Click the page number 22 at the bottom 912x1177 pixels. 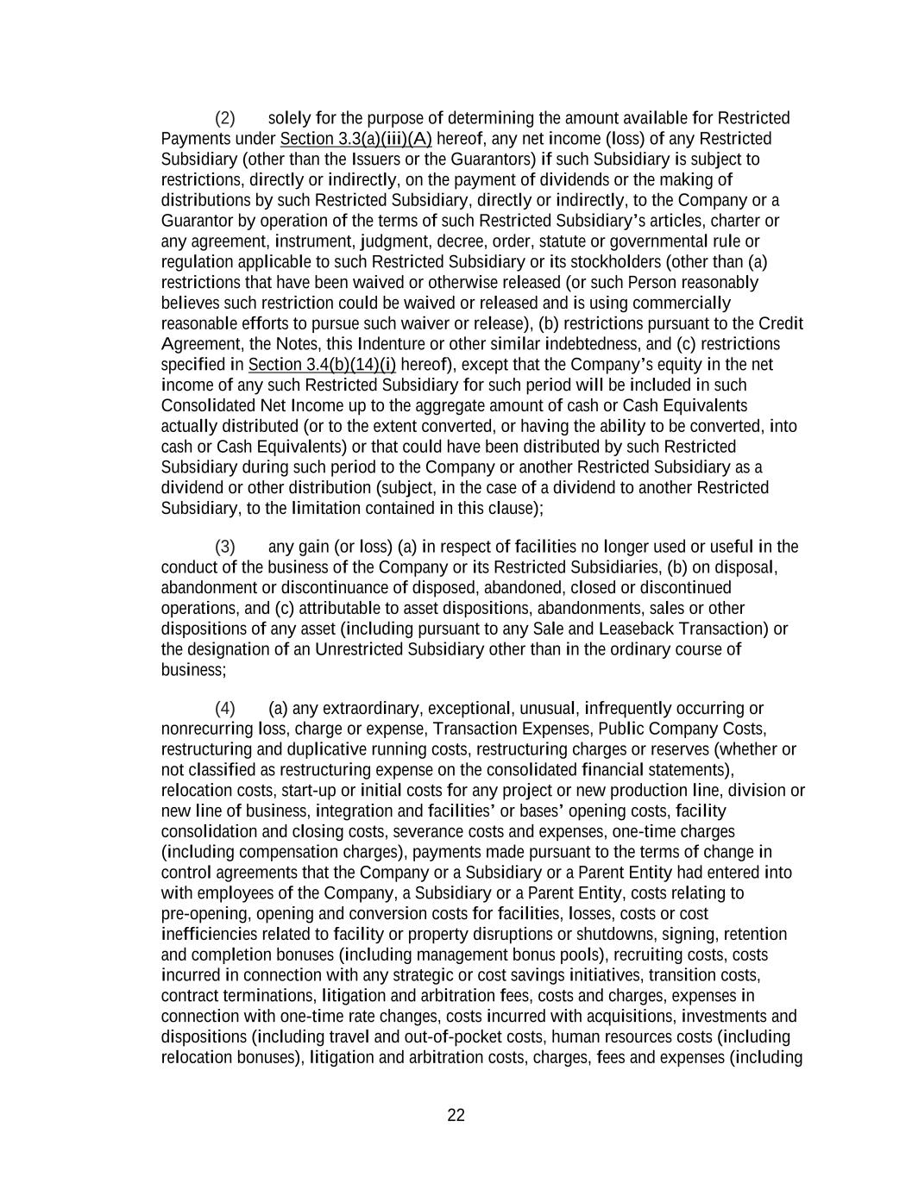coord(456,1116)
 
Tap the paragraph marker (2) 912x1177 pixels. coord(224,118)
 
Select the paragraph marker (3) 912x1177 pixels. coord(224,547)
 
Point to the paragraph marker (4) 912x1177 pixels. coord(224,709)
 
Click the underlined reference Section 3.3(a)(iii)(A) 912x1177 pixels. coord(355,139)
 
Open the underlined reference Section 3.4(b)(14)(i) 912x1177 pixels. coord(322,365)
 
